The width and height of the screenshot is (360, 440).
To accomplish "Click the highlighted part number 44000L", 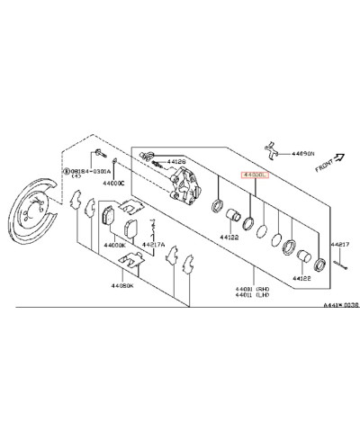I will (x=255, y=178).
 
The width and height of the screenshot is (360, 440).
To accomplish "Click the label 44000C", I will (x=113, y=183).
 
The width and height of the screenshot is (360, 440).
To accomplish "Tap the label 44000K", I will (x=114, y=245).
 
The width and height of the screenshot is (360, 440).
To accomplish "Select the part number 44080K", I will (x=123, y=285).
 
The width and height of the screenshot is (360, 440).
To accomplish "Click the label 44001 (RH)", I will (x=251, y=287).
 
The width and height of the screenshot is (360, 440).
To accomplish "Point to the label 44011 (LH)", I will (x=251, y=294).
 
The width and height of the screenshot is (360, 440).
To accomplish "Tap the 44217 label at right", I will (x=339, y=244).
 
